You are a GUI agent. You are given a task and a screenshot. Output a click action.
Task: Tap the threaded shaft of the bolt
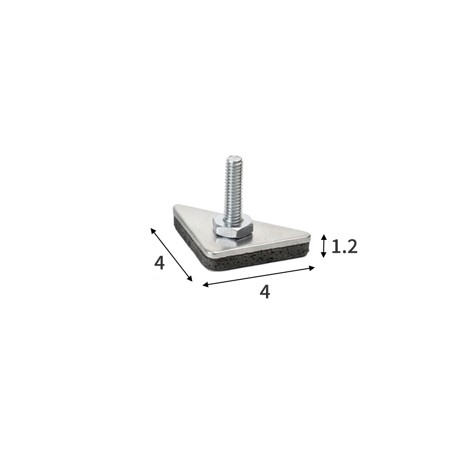(x=232, y=188)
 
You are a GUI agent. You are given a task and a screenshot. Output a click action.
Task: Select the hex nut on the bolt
(x=232, y=227)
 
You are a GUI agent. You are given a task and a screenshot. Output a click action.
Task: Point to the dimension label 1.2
(x=344, y=247)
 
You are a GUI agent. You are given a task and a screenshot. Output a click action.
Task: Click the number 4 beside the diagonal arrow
(x=159, y=263)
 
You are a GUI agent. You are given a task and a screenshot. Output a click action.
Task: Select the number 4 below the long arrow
(x=265, y=292)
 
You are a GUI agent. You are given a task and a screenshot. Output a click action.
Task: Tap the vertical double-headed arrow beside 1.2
(x=324, y=246)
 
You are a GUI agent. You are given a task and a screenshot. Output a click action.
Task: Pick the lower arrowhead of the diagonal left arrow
(x=190, y=278)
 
